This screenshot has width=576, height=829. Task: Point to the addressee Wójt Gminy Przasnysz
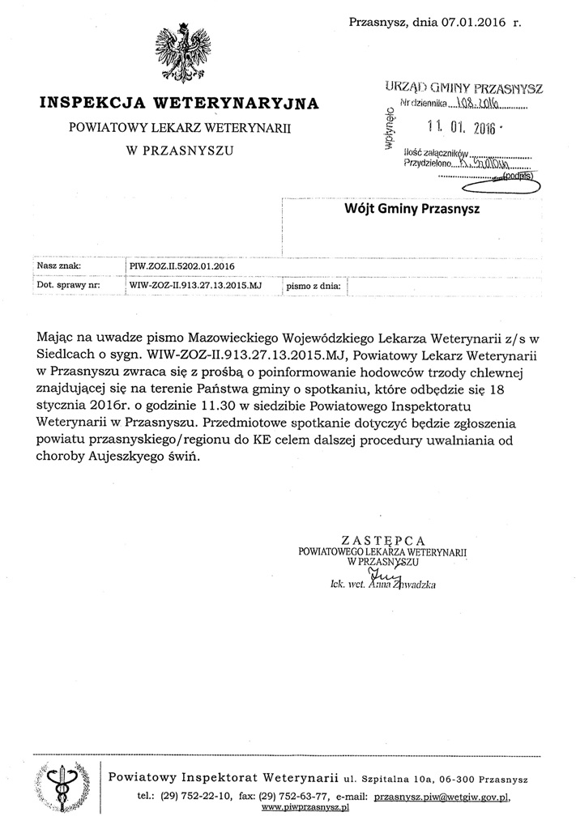[412, 210]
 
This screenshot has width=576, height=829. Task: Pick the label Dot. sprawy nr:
[68, 286]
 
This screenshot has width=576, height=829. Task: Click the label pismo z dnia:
[314, 287]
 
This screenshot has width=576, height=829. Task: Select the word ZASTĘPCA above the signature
[383, 540]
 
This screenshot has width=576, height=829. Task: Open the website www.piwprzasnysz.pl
[305, 808]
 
